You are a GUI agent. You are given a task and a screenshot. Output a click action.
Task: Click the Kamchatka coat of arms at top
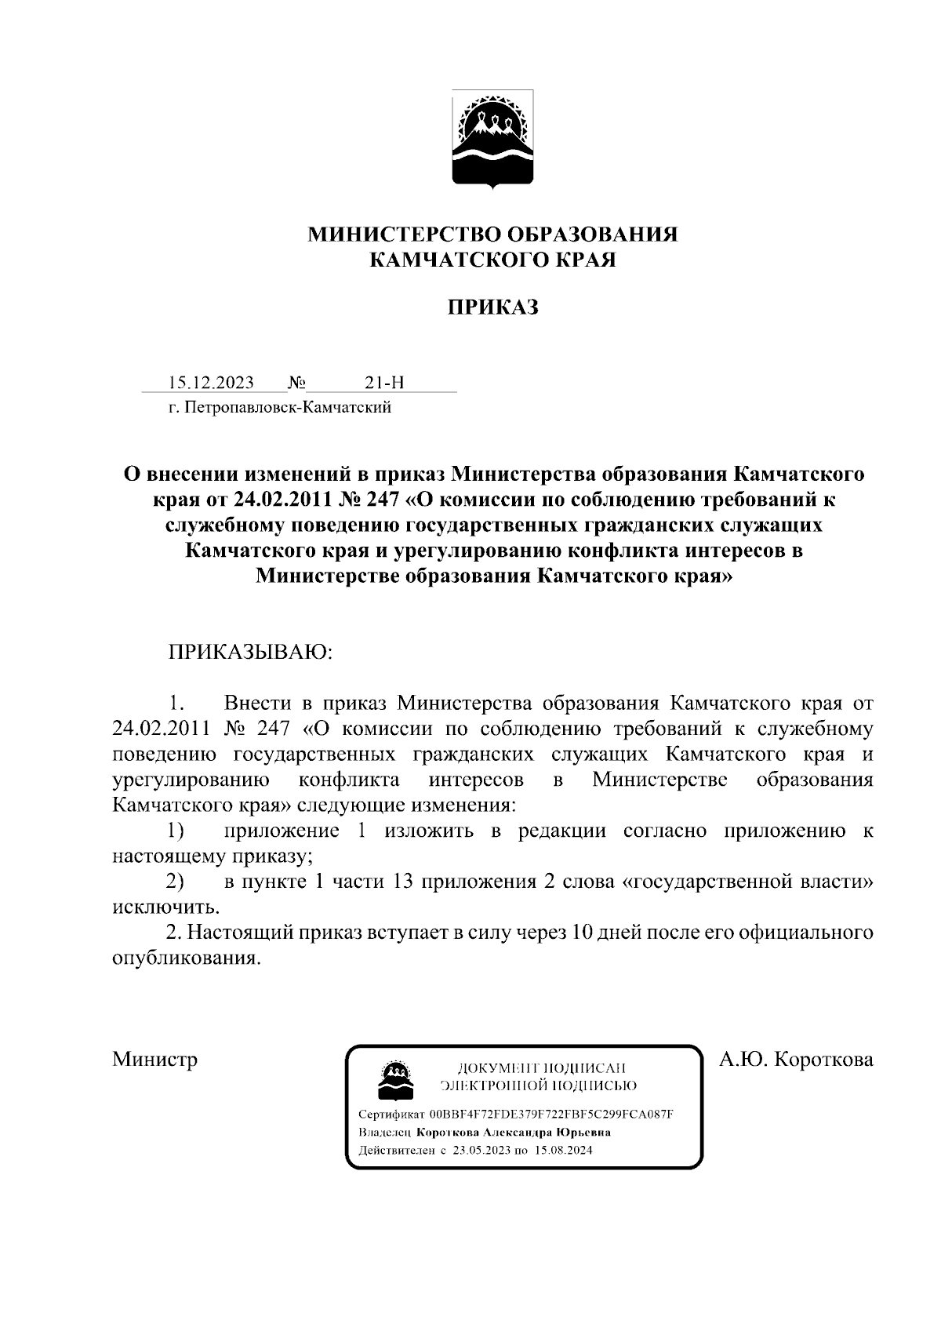pyautogui.click(x=492, y=140)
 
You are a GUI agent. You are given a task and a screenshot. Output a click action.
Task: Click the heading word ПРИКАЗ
pyautogui.click(x=492, y=307)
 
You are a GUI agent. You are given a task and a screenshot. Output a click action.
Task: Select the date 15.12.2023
pyautogui.click(x=210, y=383)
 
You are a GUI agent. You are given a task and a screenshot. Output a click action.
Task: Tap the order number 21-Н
pyautogui.click(x=384, y=383)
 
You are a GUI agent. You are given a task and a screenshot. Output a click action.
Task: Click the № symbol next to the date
pyautogui.click(x=296, y=383)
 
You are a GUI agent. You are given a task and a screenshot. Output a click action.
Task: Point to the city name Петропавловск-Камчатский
pyautogui.click(x=288, y=408)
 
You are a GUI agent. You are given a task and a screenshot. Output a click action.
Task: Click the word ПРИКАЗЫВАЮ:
pyautogui.click(x=250, y=653)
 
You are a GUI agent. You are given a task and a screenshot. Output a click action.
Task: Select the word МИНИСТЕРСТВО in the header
pyautogui.click(x=403, y=235)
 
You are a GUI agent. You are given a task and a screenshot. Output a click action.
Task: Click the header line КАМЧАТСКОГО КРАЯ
pyautogui.click(x=492, y=260)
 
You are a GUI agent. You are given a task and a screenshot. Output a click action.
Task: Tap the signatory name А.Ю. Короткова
pyautogui.click(x=796, y=1060)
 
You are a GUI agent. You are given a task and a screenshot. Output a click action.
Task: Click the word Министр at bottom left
pyautogui.click(x=154, y=1060)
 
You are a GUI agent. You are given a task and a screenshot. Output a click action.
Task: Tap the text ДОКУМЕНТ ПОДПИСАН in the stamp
pyautogui.click(x=540, y=1067)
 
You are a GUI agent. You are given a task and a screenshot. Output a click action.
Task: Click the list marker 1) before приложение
pyautogui.click(x=175, y=831)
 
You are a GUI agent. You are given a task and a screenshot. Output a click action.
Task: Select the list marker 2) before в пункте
pyautogui.click(x=175, y=882)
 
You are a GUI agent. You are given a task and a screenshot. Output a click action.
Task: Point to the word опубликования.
pyautogui.click(x=186, y=958)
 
